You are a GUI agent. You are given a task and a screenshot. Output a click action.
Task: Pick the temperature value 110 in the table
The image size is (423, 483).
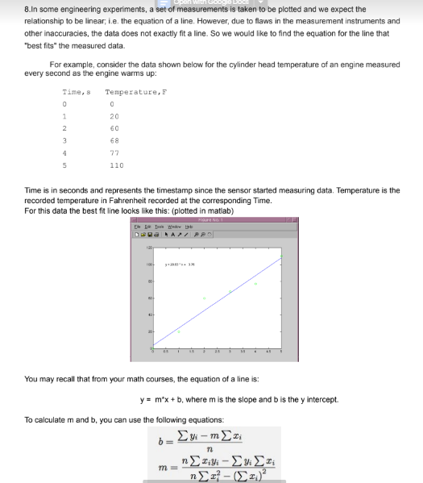(116, 164)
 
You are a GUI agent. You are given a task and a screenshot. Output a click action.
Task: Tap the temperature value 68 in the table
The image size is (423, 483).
(114, 140)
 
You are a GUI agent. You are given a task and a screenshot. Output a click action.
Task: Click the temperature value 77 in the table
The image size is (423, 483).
(114, 152)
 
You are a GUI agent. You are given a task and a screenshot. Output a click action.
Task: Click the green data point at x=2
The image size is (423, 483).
(205, 298)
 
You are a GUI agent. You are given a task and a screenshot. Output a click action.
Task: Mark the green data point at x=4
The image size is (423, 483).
(256, 284)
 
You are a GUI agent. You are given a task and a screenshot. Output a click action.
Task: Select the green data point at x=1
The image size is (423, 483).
(179, 331)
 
